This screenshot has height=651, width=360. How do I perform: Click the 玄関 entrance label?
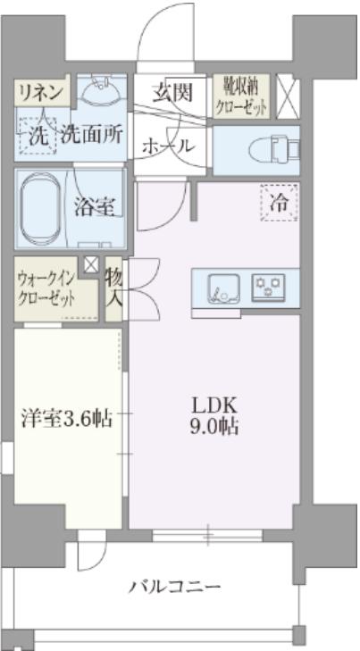pos(172,92)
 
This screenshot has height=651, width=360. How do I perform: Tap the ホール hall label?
pos(168,146)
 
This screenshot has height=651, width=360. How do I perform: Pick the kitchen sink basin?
pos(224,288)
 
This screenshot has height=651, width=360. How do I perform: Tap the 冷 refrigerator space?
pos(280,203)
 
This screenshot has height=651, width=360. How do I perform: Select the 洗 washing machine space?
pos(38,136)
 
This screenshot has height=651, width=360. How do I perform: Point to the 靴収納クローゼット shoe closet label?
pos(241,96)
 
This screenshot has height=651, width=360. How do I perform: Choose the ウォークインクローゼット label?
pos(46,288)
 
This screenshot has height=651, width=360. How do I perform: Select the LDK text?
pos(214,405)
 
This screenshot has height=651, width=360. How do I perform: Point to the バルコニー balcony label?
pos(174,588)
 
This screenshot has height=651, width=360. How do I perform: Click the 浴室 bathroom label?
pos(95,207)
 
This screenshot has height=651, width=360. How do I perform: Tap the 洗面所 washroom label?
pos(92,136)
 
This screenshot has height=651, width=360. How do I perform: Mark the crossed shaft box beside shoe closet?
pos(288,96)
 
